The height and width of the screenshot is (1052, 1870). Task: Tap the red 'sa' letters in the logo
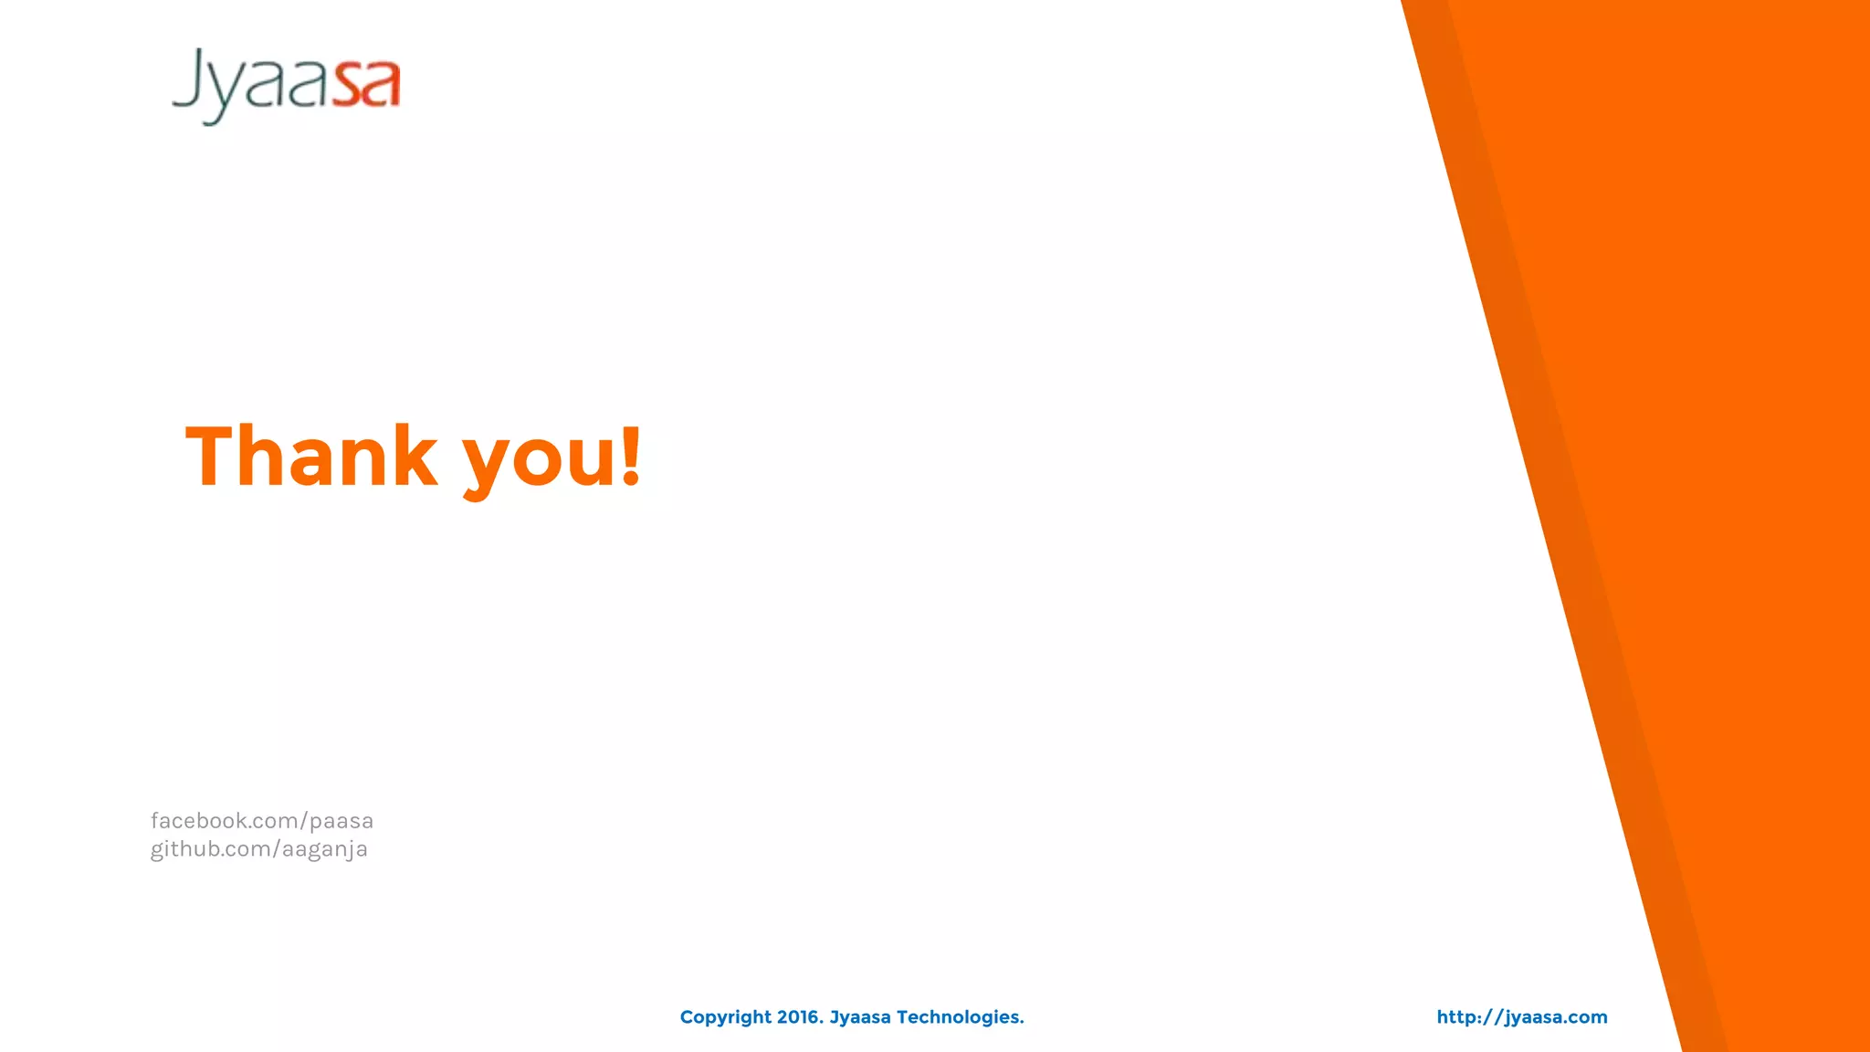pyautogui.click(x=365, y=84)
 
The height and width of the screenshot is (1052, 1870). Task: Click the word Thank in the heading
pyautogui.click(x=311, y=456)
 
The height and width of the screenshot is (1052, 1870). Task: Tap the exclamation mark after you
pyautogui.click(x=631, y=456)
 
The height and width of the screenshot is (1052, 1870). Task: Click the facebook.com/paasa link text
pyautogui.click(x=262, y=821)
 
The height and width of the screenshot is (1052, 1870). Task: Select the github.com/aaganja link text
pyautogui.click(x=259, y=849)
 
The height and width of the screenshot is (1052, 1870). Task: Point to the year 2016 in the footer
pyautogui.click(x=800, y=1017)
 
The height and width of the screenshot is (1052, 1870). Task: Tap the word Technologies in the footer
pyautogui.click(x=960, y=1017)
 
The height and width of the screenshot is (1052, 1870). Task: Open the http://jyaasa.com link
pyautogui.click(x=1522, y=1017)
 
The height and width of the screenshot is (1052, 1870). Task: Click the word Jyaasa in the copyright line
pyautogui.click(x=860, y=1017)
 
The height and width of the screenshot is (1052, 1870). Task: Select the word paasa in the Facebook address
pyautogui.click(x=341, y=821)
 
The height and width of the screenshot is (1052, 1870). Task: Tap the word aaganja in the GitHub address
pyautogui.click(x=325, y=849)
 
